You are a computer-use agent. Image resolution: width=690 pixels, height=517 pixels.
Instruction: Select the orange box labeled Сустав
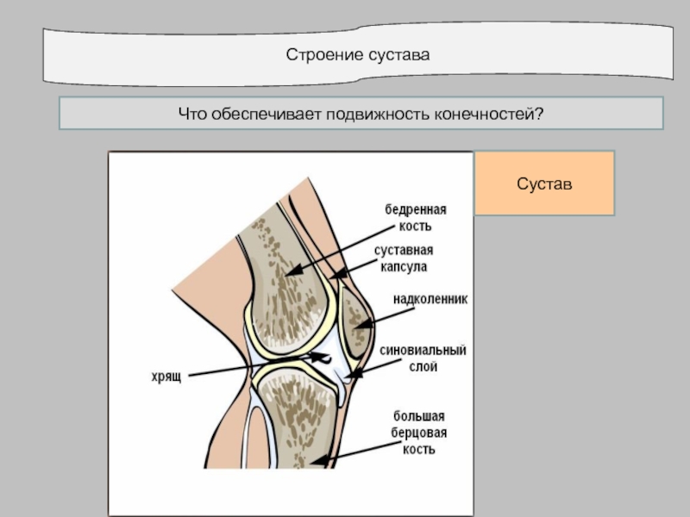544,183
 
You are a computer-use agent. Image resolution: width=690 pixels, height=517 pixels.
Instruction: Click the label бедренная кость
416,217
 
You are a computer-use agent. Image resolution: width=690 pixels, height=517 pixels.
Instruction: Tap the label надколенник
430,300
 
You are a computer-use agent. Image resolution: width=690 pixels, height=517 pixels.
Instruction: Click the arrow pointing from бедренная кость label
336,249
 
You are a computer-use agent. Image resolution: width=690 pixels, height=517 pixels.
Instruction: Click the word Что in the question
191,114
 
